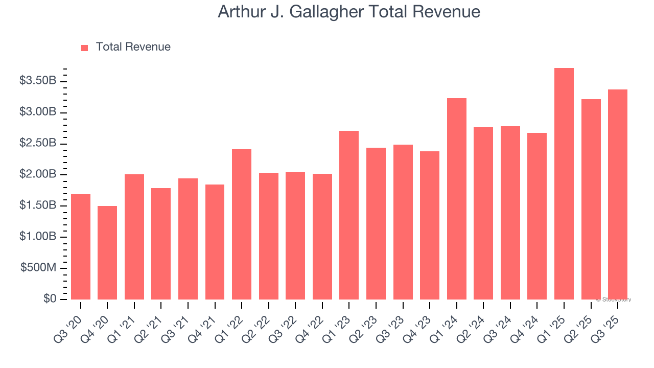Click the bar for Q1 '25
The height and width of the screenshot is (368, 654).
pyautogui.click(x=564, y=184)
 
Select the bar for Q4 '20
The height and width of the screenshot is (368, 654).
pyautogui.click(x=107, y=252)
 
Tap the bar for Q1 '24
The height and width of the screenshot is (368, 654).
pyautogui.click(x=456, y=199)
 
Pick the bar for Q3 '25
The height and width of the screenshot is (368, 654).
pyautogui.click(x=617, y=194)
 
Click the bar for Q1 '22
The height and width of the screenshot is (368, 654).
pyautogui.click(x=242, y=224)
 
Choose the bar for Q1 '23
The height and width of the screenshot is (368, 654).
pyautogui.click(x=349, y=215)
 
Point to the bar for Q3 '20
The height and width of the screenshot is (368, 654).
pyautogui.click(x=81, y=247)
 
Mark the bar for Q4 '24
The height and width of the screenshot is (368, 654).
pyautogui.click(x=537, y=216)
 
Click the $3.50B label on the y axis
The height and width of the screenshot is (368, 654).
pyautogui.click(x=38, y=81)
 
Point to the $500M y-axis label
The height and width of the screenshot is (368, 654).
pyautogui.click(x=38, y=268)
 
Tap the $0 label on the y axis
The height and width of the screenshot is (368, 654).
pyautogui.click(x=50, y=299)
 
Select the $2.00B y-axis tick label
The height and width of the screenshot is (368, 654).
pyautogui.click(x=38, y=174)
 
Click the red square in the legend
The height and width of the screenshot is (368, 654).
pyautogui.click(x=85, y=48)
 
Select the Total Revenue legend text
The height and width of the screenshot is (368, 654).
pyautogui.click(x=133, y=47)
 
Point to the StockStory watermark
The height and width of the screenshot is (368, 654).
pyautogui.click(x=613, y=300)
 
